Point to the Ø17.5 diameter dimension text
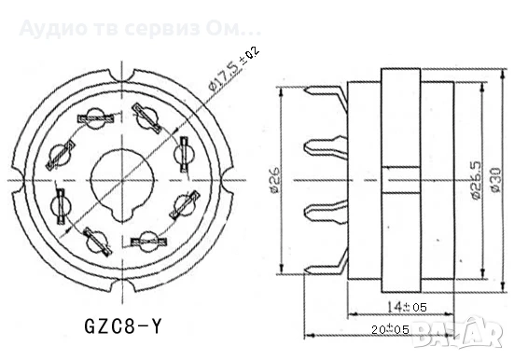[220, 69]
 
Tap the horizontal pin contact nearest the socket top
[96, 119]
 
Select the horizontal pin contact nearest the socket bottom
[147, 241]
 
